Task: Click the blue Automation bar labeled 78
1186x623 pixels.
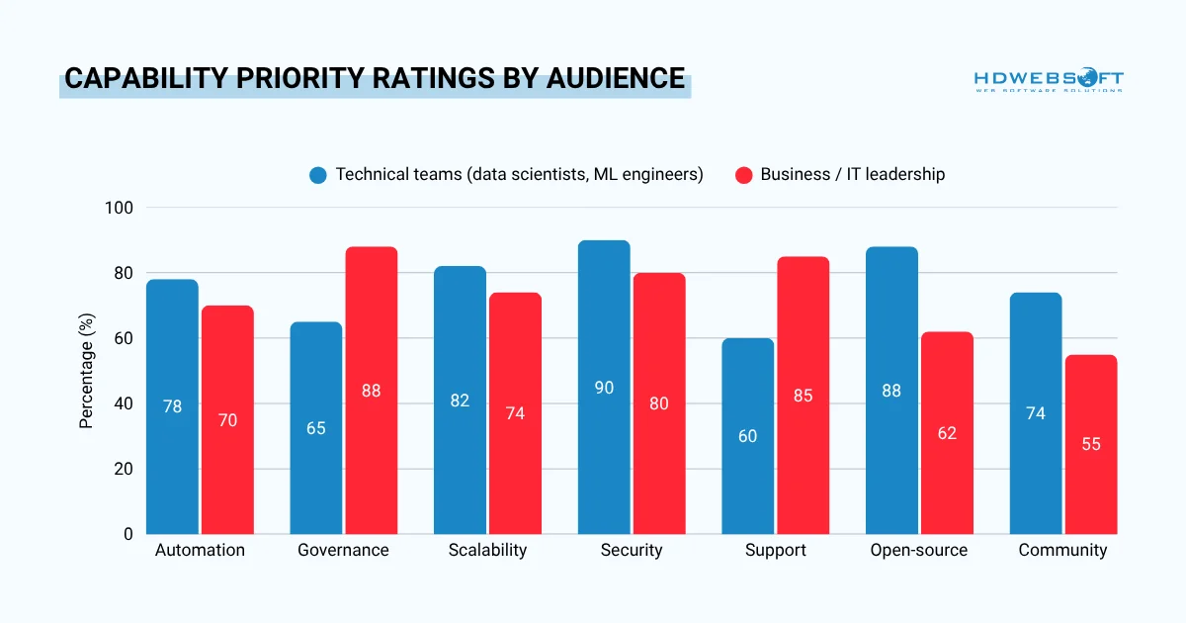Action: click(x=172, y=406)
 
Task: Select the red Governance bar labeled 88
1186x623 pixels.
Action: click(x=371, y=391)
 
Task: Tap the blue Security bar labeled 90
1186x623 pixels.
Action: click(x=604, y=388)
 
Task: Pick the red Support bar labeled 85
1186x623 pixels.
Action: click(x=803, y=396)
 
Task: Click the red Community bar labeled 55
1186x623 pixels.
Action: click(x=1091, y=444)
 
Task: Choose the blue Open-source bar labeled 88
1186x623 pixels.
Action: click(x=891, y=391)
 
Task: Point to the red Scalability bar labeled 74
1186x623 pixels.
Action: click(x=515, y=413)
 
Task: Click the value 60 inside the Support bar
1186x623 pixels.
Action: click(x=747, y=436)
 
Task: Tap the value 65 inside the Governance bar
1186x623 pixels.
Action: click(x=315, y=428)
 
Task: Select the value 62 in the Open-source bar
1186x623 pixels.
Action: click(x=947, y=433)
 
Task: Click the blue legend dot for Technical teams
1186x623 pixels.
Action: click(x=317, y=175)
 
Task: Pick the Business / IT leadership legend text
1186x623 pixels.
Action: click(x=852, y=175)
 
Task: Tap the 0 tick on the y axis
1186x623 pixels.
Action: click(x=128, y=534)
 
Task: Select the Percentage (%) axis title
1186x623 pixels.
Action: click(x=87, y=371)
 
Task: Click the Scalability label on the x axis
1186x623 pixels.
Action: click(x=487, y=551)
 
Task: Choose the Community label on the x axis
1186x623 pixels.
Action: click(x=1062, y=551)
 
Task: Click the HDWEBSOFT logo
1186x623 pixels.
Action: click(x=1048, y=80)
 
